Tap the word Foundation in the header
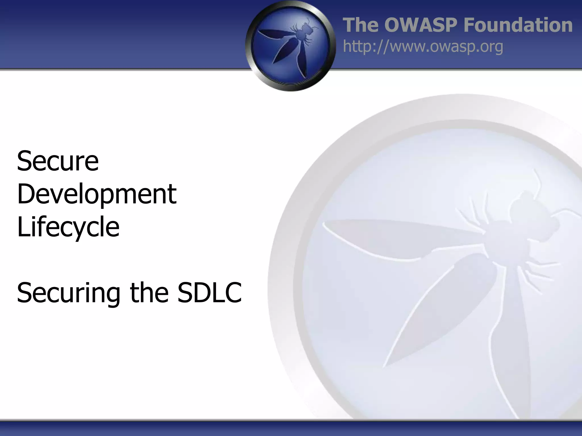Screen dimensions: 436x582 click(518, 25)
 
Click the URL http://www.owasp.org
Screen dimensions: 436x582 click(423, 46)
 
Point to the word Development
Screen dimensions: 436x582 click(97, 194)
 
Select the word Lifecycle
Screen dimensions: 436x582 click(68, 227)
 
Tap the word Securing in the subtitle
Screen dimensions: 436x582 click(68, 293)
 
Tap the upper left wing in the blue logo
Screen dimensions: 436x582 click(274, 34)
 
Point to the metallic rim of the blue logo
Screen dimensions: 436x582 click(249, 45)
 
